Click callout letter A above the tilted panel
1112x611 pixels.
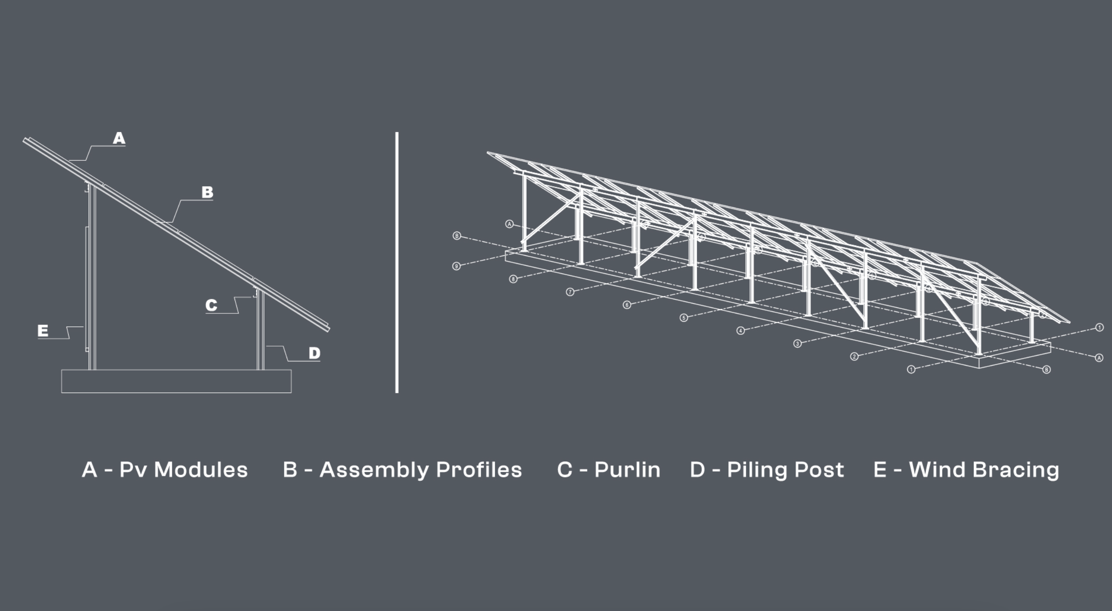(119, 138)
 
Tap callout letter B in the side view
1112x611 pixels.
(207, 193)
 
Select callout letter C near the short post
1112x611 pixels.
(211, 305)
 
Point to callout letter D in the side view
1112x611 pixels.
(315, 353)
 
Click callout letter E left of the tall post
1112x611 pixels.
(43, 331)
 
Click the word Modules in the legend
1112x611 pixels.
(201, 470)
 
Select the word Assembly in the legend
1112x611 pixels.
(374, 470)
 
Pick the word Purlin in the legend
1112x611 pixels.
(627, 470)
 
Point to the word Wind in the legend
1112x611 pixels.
(937, 470)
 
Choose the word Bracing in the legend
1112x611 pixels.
(1016, 470)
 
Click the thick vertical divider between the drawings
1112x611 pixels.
(397, 262)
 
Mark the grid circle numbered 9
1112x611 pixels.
(457, 266)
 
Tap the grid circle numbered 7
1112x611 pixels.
(570, 292)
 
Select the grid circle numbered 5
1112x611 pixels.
(683, 318)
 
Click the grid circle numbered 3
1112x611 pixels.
(797, 344)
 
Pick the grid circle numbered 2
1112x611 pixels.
(854, 357)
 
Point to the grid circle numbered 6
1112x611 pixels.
(627, 305)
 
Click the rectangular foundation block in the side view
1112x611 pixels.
(176, 381)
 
